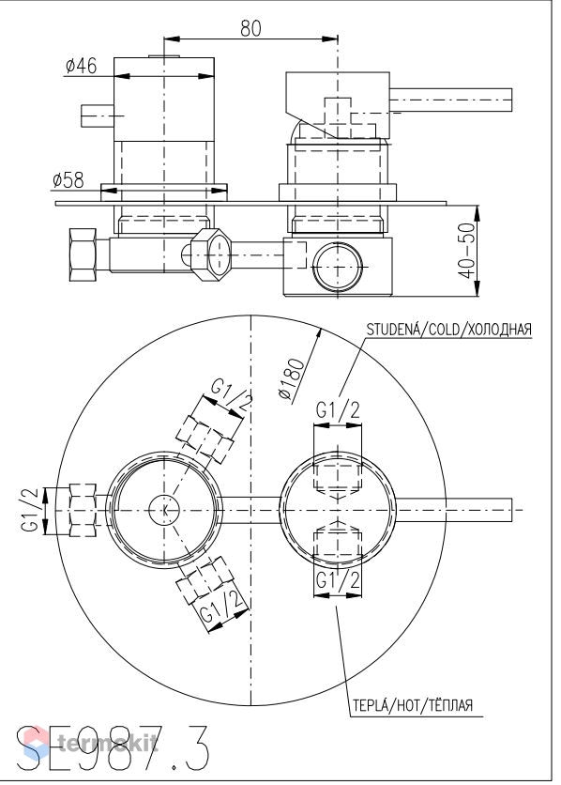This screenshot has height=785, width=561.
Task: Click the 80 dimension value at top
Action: (x=250, y=28)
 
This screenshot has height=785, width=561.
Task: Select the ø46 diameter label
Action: (x=82, y=66)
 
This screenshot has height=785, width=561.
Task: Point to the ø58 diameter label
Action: (x=68, y=180)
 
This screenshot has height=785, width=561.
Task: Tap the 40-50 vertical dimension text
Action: (x=466, y=251)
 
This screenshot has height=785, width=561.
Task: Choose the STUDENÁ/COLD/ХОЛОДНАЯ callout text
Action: (x=449, y=330)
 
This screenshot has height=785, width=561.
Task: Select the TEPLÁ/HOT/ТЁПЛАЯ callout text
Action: (x=413, y=705)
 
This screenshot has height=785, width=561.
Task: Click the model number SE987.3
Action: (x=113, y=749)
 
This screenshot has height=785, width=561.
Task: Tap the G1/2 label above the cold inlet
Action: (x=338, y=410)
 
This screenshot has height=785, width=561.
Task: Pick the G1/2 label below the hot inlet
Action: (x=338, y=580)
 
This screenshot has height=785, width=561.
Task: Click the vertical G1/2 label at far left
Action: (x=29, y=510)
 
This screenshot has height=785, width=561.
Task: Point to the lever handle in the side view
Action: (x=450, y=100)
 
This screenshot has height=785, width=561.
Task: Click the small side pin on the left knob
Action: (x=98, y=116)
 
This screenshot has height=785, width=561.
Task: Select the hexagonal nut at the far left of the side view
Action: (x=83, y=255)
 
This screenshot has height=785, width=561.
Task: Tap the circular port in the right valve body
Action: (x=338, y=268)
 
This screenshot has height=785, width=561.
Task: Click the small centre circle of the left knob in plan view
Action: (x=164, y=510)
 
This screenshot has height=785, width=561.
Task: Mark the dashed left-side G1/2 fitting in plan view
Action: (x=82, y=510)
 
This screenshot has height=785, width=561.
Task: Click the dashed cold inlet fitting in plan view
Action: (x=338, y=481)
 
